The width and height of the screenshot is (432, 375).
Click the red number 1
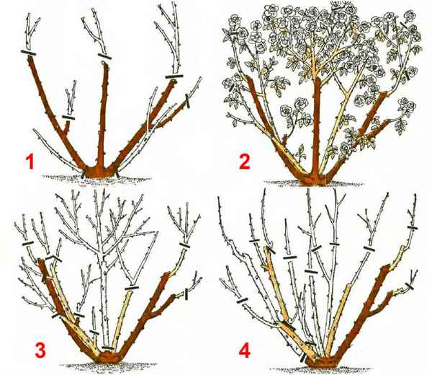(x=30, y=162)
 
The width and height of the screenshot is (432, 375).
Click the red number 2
(x=245, y=162)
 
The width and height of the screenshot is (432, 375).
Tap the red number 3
(x=40, y=350)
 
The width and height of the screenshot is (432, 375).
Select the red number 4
(x=245, y=350)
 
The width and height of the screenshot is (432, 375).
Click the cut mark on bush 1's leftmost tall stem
(x=28, y=53)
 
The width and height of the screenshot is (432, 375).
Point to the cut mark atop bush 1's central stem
(x=104, y=56)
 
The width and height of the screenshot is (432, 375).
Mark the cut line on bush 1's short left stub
(x=68, y=118)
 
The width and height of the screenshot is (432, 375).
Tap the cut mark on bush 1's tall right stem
(x=174, y=76)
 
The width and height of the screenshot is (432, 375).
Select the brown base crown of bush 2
(x=312, y=179)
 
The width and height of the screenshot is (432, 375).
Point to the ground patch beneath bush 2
(x=314, y=184)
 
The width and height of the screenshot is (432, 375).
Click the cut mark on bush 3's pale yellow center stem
(x=132, y=288)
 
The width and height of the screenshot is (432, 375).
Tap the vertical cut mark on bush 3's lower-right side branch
(x=186, y=294)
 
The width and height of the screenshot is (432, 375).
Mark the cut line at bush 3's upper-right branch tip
(x=184, y=245)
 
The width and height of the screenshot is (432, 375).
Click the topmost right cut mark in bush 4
(x=412, y=228)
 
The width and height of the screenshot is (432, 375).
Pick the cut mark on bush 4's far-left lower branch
(x=242, y=301)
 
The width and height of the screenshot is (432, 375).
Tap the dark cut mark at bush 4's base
(x=303, y=358)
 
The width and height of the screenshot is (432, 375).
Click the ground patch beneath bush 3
(x=107, y=366)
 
